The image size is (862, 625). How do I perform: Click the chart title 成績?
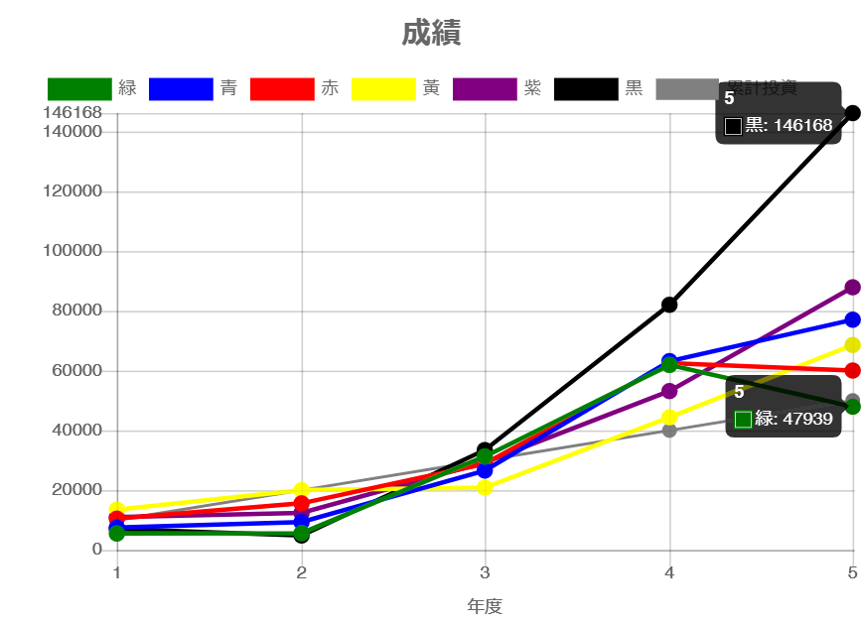(431, 34)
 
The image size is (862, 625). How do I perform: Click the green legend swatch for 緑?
(79, 88)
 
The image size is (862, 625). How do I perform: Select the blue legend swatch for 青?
(181, 88)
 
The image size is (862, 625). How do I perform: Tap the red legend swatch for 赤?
(282, 88)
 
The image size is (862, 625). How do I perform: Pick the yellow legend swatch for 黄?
(383, 88)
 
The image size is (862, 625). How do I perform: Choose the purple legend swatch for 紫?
(485, 88)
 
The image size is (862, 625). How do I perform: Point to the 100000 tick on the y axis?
(72, 250)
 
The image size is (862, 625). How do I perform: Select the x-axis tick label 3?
(485, 572)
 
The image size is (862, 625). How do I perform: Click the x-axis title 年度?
(485, 606)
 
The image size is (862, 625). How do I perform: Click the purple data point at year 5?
(852, 287)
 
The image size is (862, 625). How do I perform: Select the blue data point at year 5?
(852, 319)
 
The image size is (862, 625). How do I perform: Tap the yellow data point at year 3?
(485, 487)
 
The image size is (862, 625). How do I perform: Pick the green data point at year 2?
(301, 533)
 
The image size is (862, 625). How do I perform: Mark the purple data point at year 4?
(669, 391)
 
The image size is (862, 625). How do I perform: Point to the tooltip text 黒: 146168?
(789, 126)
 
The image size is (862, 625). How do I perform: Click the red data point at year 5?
(852, 370)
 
